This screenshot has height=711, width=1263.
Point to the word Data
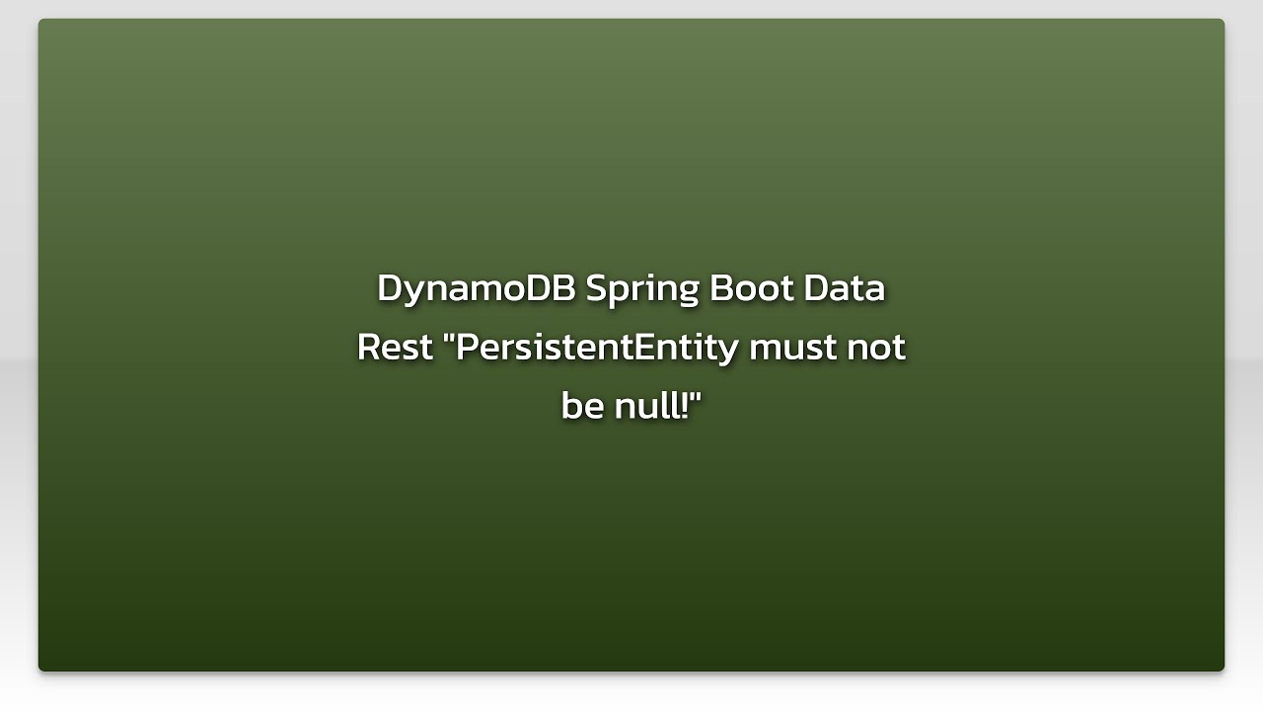(844, 288)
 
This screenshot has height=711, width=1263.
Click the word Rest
(395, 348)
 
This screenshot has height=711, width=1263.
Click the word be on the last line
(582, 406)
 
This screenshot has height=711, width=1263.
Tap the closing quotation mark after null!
(695, 395)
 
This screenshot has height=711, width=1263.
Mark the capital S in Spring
(595, 288)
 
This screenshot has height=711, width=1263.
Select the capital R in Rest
(368, 348)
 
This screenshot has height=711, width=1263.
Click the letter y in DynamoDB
(410, 293)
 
